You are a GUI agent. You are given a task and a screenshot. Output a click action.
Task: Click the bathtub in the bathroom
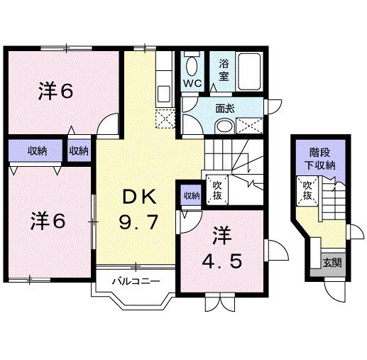click(x=249, y=71)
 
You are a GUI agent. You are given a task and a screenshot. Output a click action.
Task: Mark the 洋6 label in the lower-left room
click(x=48, y=221)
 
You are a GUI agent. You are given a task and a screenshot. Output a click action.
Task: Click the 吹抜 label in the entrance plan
click(x=307, y=190)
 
